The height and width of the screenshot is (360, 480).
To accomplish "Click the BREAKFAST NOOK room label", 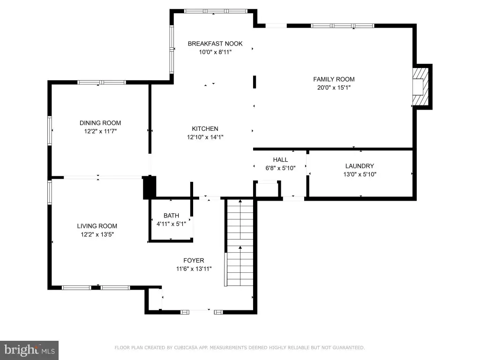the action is pyautogui.click(x=215, y=44).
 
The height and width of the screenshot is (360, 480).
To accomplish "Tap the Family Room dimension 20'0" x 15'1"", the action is pyautogui.click(x=334, y=88).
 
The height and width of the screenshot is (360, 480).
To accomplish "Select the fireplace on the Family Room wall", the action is pyautogui.click(x=423, y=87).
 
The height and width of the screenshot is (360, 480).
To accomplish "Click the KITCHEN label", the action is pyautogui.click(x=205, y=129).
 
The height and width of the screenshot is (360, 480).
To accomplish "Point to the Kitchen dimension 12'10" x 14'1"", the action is pyautogui.click(x=205, y=137).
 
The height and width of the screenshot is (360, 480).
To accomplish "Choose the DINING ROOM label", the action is pyautogui.click(x=100, y=123).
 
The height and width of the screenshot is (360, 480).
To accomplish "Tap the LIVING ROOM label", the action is pyautogui.click(x=97, y=226).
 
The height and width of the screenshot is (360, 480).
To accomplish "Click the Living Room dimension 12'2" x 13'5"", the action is pyautogui.click(x=97, y=234).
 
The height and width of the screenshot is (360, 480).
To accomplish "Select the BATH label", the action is pyautogui.click(x=171, y=216).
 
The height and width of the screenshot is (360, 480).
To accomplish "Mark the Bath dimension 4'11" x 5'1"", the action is pyautogui.click(x=171, y=224).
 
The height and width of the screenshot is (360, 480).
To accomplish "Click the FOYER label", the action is pyautogui.click(x=194, y=261).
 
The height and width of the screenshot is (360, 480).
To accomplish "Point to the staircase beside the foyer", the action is pyautogui.click(x=240, y=242).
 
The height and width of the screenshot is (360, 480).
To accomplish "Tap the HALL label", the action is pyautogui.click(x=280, y=160).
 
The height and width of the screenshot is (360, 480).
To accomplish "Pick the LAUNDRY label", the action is pyautogui.click(x=360, y=166).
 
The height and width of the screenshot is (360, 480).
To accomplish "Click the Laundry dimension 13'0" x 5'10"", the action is pyautogui.click(x=360, y=174).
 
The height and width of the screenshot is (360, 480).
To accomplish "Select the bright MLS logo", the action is pyautogui.click(x=30, y=350).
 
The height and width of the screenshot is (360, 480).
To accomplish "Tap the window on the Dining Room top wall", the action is pyautogui.click(x=102, y=82).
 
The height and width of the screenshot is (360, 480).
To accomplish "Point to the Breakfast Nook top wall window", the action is pyautogui.click(x=216, y=11).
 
